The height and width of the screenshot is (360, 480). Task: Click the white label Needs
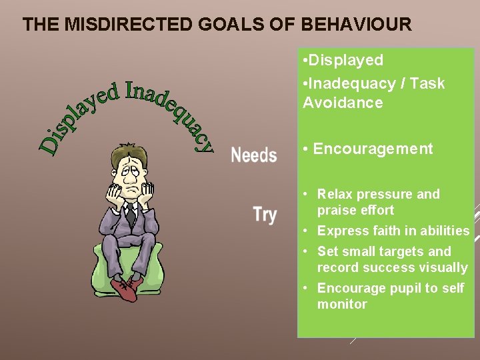coord(253,155)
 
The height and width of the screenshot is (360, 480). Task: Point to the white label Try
coord(265,215)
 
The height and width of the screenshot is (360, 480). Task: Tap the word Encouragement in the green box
coord(373,149)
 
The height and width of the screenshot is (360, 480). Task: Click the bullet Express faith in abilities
coord(393,231)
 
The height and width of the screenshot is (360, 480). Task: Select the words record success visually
coord(392,267)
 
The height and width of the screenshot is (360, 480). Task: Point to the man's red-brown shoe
coord(125,287)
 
